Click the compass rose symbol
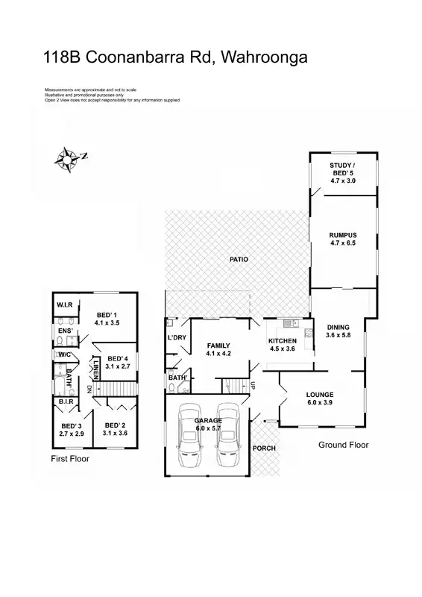(69, 157)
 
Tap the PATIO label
(239, 259)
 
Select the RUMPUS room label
(343, 236)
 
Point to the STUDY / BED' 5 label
(343, 168)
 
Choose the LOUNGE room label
(319, 394)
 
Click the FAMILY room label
(218, 346)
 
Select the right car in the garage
(227, 436)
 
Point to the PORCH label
(264, 448)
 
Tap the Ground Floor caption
(343, 445)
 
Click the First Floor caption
(69, 459)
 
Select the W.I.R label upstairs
(64, 305)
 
